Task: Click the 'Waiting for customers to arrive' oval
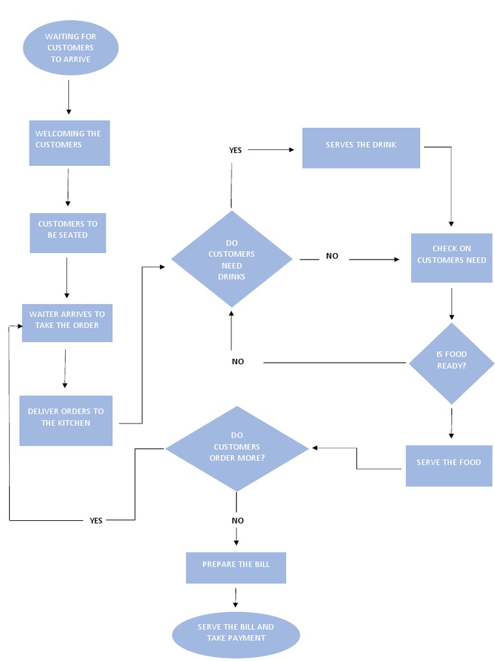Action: [x=71, y=48]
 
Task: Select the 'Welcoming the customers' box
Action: [x=70, y=143]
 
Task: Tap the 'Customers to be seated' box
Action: [x=68, y=233]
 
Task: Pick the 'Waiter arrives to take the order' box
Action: [x=67, y=323]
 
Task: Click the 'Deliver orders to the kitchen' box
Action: [x=66, y=420]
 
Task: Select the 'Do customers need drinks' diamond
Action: [x=231, y=259]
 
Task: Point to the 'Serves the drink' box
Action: [x=361, y=148]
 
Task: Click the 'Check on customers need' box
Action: [x=451, y=258]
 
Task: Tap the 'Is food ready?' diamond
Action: [x=451, y=363]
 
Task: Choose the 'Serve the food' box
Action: [x=449, y=465]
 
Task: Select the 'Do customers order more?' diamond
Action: [x=237, y=449]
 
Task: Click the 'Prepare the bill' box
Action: [x=236, y=567]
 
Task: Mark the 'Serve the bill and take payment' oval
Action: [x=236, y=635]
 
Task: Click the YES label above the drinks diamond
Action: [x=235, y=150]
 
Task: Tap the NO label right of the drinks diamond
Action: [x=332, y=256]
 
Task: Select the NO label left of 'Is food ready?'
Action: [x=238, y=361]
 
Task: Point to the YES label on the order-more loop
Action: [x=96, y=520]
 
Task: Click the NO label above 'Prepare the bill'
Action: [x=237, y=520]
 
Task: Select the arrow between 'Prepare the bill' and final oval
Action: [x=235, y=598]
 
